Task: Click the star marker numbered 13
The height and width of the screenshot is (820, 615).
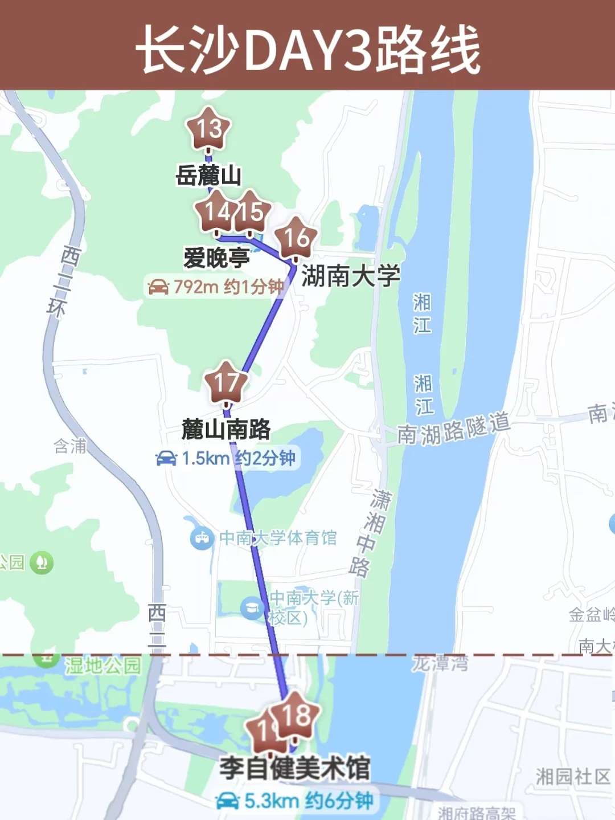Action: click(209, 128)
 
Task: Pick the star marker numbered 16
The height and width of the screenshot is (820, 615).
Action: click(296, 238)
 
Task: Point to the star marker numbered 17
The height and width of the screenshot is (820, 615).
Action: click(226, 382)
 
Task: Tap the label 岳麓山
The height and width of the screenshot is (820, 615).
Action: click(208, 175)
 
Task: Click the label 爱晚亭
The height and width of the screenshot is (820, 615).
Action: click(216, 258)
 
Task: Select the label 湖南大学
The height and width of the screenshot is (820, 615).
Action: click(351, 276)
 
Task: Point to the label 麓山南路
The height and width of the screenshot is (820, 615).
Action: click(225, 429)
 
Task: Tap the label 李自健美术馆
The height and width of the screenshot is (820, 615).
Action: click(295, 768)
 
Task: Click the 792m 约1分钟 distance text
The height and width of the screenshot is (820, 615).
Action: click(228, 287)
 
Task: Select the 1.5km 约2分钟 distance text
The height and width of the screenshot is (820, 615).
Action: click(238, 458)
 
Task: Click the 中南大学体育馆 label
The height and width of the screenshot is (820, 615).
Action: click(278, 538)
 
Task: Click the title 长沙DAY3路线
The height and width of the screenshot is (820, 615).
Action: click(307, 50)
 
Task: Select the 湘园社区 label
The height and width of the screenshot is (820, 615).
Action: click(573, 776)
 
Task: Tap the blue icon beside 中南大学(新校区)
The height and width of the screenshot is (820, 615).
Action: click(252, 608)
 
